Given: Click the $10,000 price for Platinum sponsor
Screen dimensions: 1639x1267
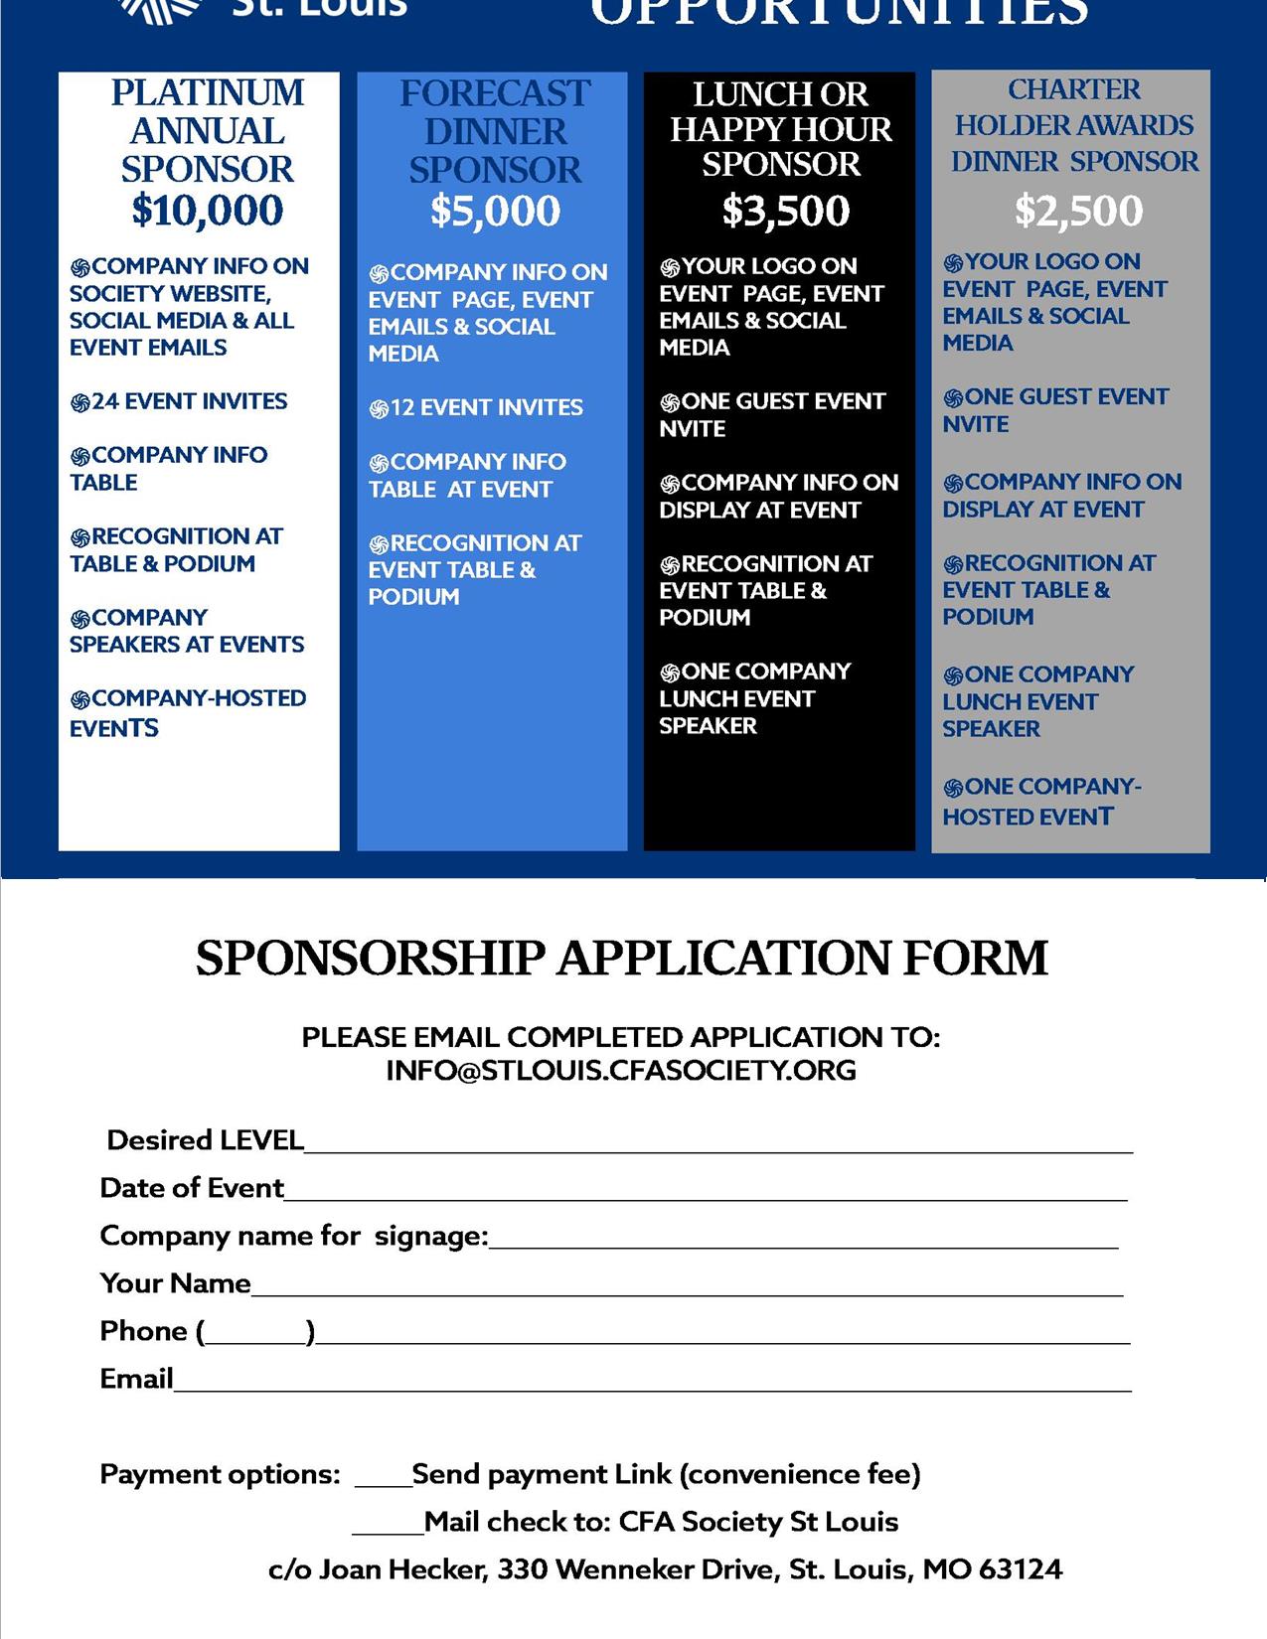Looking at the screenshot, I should (x=208, y=211).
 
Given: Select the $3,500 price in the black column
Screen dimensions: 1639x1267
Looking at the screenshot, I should (x=785, y=211).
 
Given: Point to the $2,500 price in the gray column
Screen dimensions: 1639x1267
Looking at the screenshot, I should (x=1078, y=211).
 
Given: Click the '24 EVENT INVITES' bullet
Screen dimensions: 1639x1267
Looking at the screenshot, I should (x=179, y=402).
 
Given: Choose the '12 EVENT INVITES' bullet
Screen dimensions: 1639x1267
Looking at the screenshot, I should (x=476, y=408).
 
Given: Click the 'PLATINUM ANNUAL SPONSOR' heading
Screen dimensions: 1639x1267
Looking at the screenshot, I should (x=208, y=131).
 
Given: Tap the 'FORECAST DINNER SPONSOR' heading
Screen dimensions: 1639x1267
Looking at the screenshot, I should (x=495, y=132).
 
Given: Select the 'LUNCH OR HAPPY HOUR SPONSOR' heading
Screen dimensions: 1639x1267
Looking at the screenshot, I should (x=781, y=129).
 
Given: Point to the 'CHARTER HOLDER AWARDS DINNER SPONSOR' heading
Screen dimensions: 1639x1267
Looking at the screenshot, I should (x=1074, y=125).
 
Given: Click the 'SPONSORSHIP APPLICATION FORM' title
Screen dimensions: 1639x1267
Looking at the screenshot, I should (x=622, y=959).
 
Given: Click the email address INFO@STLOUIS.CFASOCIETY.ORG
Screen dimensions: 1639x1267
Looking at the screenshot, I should (x=621, y=1071).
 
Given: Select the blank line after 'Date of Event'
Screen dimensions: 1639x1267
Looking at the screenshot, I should (x=706, y=1192).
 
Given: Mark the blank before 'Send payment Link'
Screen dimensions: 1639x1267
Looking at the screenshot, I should (x=383, y=1478).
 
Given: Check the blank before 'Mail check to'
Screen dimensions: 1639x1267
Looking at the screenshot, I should (x=388, y=1526).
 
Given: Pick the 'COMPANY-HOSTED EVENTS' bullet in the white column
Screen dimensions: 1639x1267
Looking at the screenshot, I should (x=188, y=713).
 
